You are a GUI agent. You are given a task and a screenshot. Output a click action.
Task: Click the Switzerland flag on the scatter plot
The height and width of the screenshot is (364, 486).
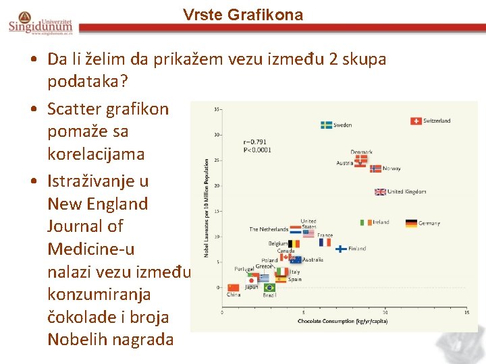point(416,121)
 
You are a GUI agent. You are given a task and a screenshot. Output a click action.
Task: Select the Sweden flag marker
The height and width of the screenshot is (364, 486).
point(326,125)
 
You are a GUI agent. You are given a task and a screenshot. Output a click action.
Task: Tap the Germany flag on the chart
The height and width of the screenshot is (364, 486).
point(411,223)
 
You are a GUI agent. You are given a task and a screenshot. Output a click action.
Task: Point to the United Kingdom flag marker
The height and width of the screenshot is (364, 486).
point(381,191)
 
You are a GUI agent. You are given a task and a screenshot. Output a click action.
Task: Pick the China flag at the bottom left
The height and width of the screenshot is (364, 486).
point(234,287)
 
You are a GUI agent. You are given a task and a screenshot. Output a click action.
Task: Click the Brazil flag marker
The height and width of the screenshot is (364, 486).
point(269,288)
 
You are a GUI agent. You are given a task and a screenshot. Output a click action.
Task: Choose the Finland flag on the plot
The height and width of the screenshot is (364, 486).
point(342,248)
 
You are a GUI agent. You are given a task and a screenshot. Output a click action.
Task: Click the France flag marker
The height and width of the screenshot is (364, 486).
point(325,242)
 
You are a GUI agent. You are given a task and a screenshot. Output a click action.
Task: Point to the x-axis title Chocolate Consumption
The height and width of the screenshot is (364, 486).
point(342,322)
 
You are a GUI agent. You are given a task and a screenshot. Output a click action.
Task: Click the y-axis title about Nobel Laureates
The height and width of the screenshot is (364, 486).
point(207,208)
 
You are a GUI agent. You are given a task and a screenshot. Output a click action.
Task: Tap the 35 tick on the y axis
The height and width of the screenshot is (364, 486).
point(217,109)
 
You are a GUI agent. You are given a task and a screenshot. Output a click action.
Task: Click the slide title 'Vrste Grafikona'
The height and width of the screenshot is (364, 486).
point(243,15)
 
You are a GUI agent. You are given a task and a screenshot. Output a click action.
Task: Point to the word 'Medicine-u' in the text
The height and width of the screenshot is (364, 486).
point(90,249)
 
